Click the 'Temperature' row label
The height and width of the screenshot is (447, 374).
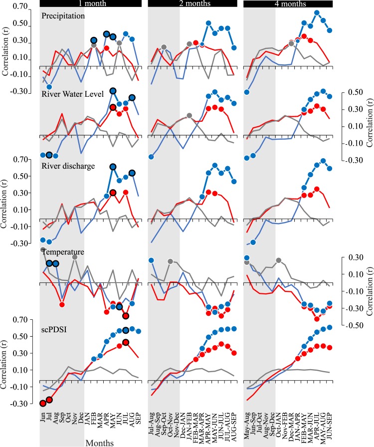tap(62, 253)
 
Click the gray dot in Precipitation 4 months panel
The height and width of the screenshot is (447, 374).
tap(291, 44)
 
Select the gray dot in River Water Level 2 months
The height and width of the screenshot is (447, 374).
tap(189, 116)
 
